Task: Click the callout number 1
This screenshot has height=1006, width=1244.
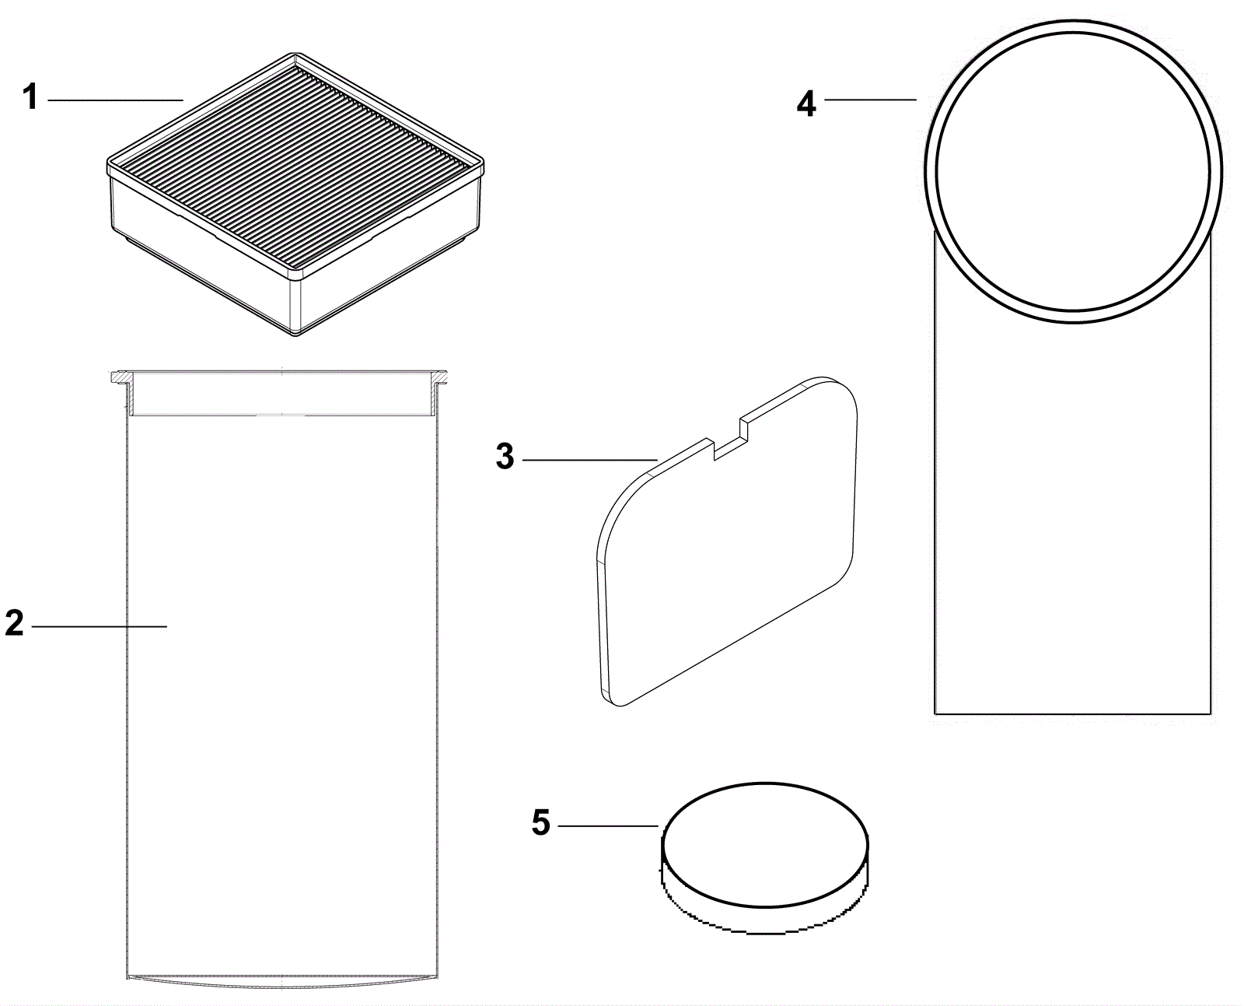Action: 30,99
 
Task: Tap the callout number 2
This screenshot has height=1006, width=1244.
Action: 14,624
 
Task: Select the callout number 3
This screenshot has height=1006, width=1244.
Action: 505,457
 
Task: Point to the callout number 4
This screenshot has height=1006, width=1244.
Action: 806,103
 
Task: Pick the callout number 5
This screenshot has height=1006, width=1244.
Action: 541,822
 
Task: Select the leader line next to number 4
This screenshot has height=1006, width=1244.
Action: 870,100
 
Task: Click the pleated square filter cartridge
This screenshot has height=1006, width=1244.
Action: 295,195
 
